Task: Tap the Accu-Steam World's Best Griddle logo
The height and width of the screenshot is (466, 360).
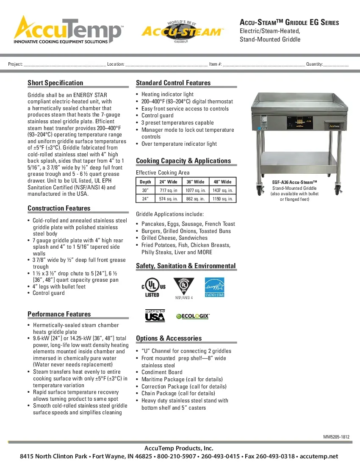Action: click(182, 31)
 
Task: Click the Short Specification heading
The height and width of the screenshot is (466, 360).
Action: click(55, 83)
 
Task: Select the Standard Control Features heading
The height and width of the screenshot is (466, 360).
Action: click(173, 83)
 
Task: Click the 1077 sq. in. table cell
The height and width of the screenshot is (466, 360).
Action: click(196, 190)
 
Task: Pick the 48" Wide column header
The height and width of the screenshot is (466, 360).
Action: click(222, 182)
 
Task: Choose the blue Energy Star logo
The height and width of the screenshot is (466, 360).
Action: click(214, 287)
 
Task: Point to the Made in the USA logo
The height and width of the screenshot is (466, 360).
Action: click(155, 316)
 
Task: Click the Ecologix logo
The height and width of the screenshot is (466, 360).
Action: click(193, 316)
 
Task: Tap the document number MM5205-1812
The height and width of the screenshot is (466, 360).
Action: click(336, 437)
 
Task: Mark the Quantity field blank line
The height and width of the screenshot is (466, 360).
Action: click(336, 65)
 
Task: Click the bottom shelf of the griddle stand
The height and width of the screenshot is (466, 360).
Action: click(296, 160)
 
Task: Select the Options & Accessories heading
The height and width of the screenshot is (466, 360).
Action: click(169, 338)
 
